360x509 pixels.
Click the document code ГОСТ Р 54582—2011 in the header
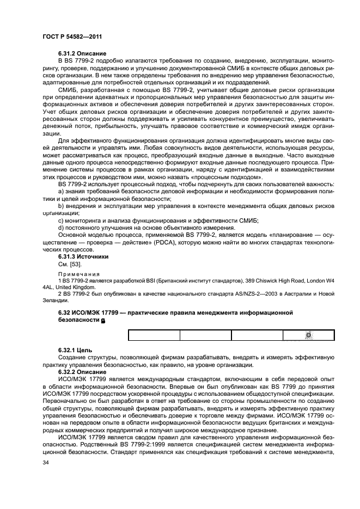pos(72,36)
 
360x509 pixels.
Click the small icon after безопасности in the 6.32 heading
pos(102,321)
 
